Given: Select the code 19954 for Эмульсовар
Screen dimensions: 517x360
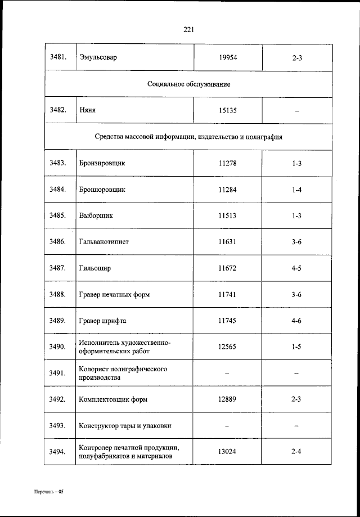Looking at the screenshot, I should tap(228, 57).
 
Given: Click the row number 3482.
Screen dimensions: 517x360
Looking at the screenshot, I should tap(58, 110).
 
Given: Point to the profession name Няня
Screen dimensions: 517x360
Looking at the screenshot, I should tap(87, 110).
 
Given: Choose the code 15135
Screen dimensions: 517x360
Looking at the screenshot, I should tap(228, 110).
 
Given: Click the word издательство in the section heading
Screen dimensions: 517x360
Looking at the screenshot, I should tap(217, 137).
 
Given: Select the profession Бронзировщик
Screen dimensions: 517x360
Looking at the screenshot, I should tap(102, 163).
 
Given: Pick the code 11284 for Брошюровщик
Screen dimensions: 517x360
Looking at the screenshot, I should tap(228, 190).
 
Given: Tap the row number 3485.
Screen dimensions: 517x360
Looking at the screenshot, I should tap(58, 215).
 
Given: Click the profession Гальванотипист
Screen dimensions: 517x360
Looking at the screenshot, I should tap(105, 242).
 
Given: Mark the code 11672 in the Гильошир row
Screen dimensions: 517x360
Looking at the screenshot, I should tap(228, 268).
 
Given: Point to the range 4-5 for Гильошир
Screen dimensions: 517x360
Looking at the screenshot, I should tap(297, 268).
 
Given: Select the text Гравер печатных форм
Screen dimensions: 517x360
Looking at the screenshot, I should tap(115, 294).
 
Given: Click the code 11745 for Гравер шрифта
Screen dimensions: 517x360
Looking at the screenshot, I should tap(228, 321).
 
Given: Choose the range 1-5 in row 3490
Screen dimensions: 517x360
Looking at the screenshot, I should tap(297, 347).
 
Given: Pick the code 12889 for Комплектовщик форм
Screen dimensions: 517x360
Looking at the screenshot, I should tap(228, 399).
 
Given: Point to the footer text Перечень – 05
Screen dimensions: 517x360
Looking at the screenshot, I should tap(48, 491).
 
